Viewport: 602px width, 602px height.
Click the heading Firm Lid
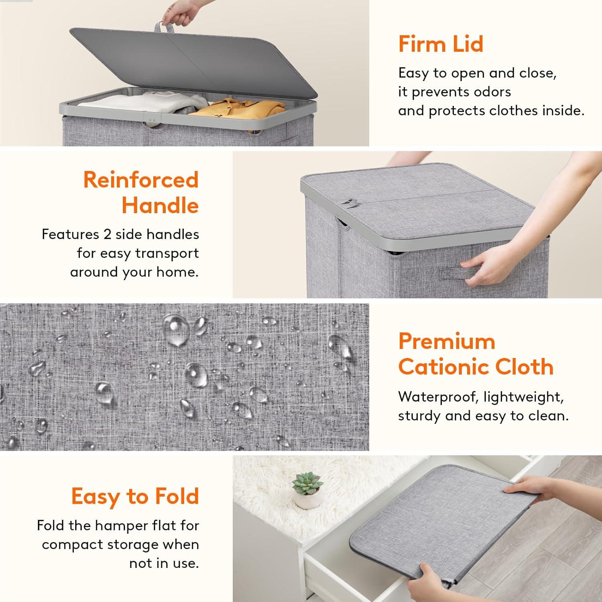(440, 44)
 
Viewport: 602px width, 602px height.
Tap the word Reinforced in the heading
(141, 179)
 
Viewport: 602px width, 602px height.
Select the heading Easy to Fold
(135, 496)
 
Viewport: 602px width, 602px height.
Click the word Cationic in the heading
(442, 367)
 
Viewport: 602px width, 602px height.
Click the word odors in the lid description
(493, 92)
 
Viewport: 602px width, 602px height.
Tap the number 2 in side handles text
(107, 234)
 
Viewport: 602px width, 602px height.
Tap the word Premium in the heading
(446, 342)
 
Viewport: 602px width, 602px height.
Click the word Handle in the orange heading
(160, 205)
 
